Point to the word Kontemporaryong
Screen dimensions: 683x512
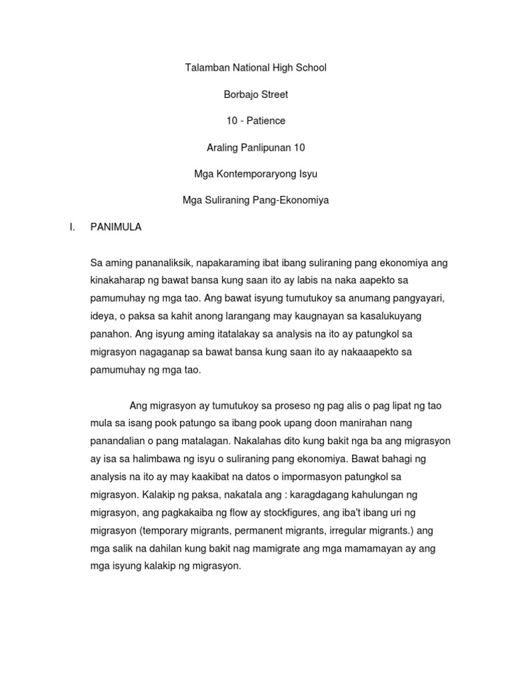(257, 174)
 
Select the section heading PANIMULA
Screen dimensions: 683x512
(115, 227)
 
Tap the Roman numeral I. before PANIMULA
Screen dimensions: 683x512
(71, 227)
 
